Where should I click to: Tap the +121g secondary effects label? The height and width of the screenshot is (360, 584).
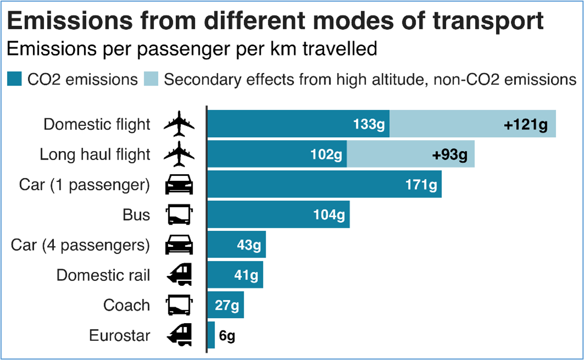(x=526, y=125)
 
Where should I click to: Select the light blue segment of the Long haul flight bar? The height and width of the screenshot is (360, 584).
(x=410, y=154)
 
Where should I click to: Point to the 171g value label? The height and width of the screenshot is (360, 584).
(x=421, y=185)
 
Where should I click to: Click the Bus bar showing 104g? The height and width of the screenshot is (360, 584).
(x=278, y=214)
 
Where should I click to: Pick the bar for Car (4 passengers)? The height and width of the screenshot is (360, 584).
(x=236, y=245)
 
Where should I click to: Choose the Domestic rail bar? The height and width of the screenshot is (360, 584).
(x=235, y=274)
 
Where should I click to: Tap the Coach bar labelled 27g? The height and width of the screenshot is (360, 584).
(x=225, y=304)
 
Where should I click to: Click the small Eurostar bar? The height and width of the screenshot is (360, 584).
(x=211, y=335)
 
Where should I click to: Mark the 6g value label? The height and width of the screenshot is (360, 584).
(x=227, y=335)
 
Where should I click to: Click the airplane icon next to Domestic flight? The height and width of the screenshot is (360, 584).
(x=179, y=124)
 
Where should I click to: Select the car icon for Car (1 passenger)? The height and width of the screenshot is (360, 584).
(x=179, y=185)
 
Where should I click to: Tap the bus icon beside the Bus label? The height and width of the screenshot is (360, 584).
(x=179, y=214)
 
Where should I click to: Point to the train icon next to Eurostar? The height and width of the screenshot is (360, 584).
(x=179, y=335)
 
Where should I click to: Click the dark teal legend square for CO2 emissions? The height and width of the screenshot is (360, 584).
(x=14, y=79)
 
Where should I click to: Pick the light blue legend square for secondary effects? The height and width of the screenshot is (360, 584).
(x=151, y=79)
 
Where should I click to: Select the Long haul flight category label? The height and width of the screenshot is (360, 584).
(x=95, y=154)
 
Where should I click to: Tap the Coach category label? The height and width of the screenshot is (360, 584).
(x=126, y=305)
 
